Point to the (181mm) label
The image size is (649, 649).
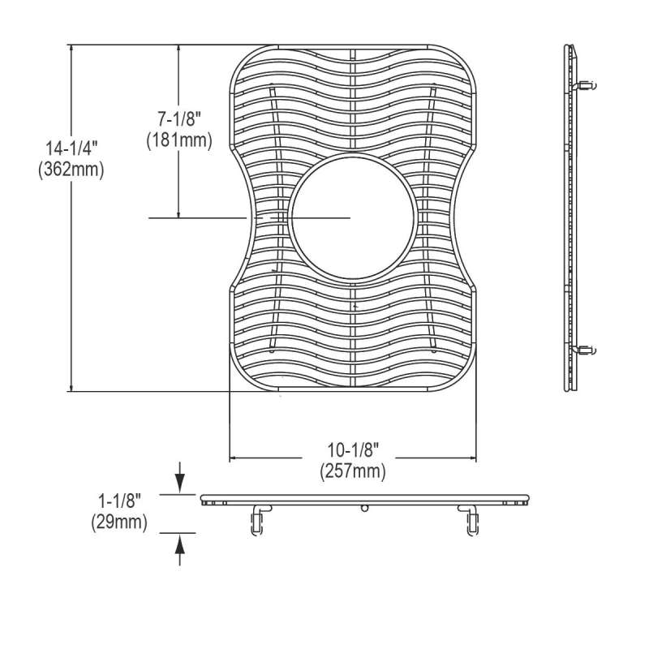(178, 140)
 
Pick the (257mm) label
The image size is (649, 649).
(354, 470)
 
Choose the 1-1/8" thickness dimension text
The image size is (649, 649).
(118, 503)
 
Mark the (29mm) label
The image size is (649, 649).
(118, 523)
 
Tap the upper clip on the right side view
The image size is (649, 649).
(587, 84)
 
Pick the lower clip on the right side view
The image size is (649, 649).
(587, 350)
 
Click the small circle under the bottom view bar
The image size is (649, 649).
(364, 509)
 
